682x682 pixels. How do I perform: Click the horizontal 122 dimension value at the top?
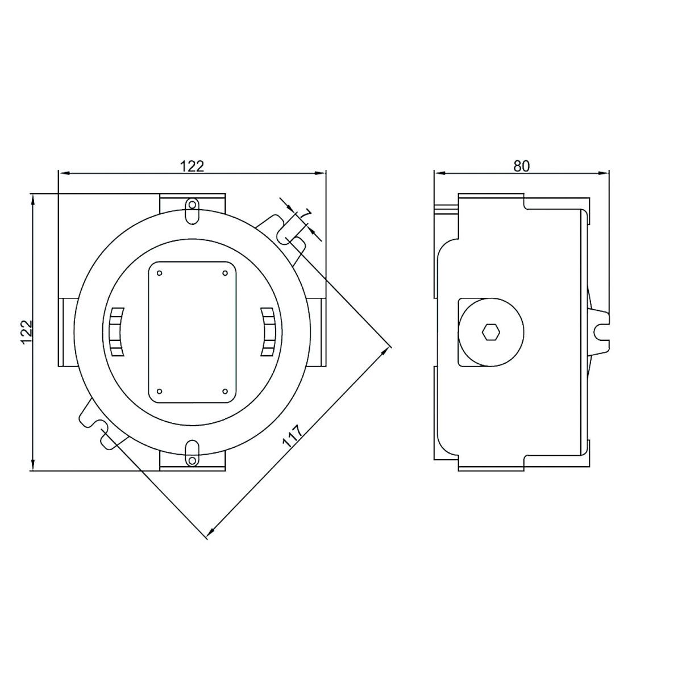click(192, 166)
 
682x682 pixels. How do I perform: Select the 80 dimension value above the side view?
click(521, 166)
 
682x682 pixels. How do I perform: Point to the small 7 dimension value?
click(306, 214)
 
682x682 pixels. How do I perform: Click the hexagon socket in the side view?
click(489, 332)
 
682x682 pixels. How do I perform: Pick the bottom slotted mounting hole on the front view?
click(193, 454)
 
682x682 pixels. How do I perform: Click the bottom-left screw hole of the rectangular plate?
click(160, 392)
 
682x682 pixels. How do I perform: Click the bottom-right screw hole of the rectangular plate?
click(225, 392)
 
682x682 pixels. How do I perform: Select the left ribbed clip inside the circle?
click(116, 332)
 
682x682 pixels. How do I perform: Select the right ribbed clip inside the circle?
click(268, 332)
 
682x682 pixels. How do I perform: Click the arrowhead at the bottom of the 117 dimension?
click(210, 533)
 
